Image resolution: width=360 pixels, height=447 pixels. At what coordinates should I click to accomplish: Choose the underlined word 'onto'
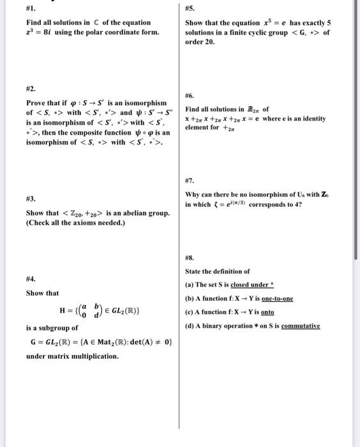point(267,312)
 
